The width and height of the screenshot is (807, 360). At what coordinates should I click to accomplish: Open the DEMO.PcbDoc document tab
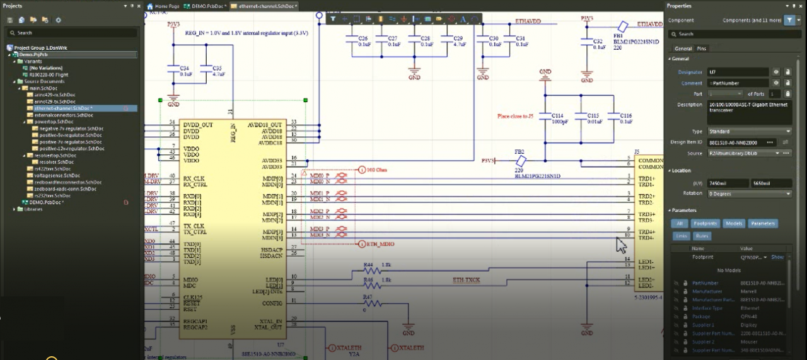point(206,6)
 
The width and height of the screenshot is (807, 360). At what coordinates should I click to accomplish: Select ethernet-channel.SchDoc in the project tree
point(63,108)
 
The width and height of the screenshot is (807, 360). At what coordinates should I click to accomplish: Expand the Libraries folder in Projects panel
point(33,209)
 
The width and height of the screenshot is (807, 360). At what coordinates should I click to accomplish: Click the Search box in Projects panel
point(69,33)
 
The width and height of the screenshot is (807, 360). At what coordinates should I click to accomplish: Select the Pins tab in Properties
point(701,49)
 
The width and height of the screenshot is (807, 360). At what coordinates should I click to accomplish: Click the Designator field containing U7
point(737,73)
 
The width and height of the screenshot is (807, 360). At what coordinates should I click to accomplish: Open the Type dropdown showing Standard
point(748,131)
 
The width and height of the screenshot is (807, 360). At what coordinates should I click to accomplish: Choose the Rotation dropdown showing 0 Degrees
point(748,194)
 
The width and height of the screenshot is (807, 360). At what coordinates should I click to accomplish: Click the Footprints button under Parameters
point(705,223)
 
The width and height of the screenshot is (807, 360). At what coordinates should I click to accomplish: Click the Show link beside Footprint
point(777,257)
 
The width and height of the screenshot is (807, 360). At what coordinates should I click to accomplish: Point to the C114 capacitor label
point(557,116)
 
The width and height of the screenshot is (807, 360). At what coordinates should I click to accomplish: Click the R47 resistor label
point(368,296)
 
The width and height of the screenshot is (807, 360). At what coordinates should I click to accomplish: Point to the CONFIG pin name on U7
point(272,303)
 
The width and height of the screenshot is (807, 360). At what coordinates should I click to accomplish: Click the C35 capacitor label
point(217,67)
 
